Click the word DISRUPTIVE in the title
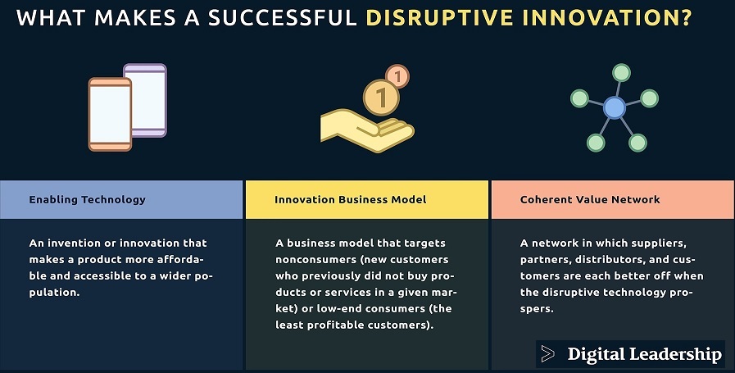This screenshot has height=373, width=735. point(438,17)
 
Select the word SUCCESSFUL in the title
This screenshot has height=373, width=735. point(283,17)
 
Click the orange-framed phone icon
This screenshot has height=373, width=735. point(110,115)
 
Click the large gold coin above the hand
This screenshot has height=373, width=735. point(381,98)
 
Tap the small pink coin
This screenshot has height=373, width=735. point(397,76)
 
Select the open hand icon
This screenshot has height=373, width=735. point(367,130)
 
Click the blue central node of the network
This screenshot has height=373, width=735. point(614,107)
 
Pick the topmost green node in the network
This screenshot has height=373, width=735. point(621,73)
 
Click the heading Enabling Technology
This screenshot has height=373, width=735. point(87,199)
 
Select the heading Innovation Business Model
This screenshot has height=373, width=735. point(351,199)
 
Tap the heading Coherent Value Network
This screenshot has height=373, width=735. point(590,199)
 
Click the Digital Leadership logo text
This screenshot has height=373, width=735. point(645,354)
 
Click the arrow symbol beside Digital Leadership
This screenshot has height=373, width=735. point(547,354)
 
